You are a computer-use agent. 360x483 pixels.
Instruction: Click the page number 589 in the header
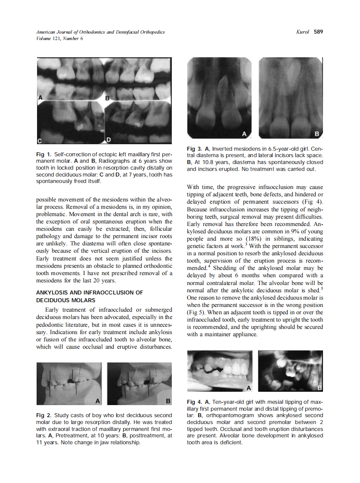click(x=318, y=32)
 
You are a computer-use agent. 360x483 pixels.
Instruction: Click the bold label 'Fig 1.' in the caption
click(x=43, y=154)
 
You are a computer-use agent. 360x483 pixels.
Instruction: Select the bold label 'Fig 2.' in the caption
click(x=43, y=415)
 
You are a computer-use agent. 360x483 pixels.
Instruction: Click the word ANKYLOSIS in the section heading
click(x=53, y=293)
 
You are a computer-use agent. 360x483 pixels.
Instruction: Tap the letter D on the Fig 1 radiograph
click(x=109, y=140)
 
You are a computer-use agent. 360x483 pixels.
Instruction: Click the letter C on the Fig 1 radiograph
click(x=40, y=141)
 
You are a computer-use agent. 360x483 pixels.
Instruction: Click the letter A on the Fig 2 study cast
click(x=98, y=401)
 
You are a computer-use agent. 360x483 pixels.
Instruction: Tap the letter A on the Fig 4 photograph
click(x=248, y=388)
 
